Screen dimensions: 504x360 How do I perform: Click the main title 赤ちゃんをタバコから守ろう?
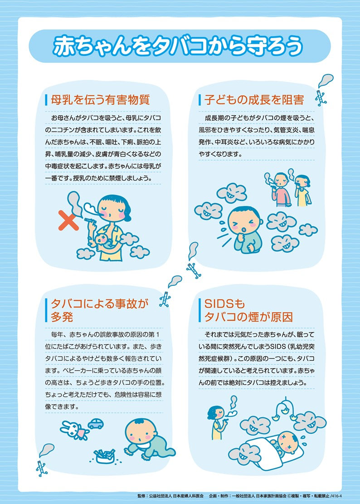click(178, 46)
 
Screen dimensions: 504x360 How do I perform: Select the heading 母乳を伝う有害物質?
click(100, 100)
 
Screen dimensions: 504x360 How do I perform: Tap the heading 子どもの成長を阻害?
click(254, 100)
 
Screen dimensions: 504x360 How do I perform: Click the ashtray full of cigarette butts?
click(104, 455)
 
